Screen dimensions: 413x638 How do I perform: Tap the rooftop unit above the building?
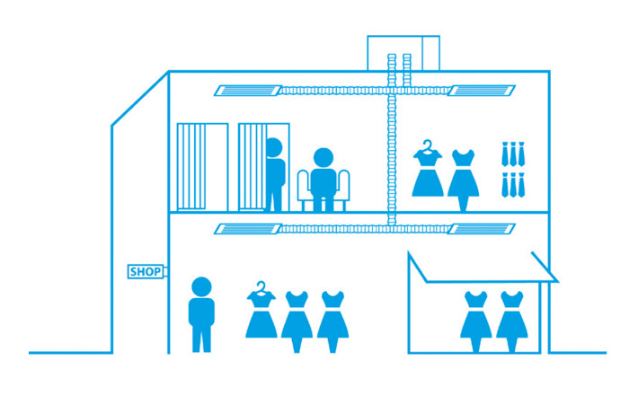pos(403,52)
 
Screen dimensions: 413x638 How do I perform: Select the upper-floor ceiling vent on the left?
pos(246,90)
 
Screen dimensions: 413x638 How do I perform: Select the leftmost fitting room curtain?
pos(191,167)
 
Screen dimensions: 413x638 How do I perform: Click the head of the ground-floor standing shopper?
pos(202,287)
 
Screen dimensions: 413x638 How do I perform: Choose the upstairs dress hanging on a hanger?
pos(428,172)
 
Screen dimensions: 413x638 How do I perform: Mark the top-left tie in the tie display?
pos(507,154)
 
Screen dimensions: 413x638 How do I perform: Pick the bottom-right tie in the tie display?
pos(519,184)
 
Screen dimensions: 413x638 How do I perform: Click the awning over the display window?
pos(482,268)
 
